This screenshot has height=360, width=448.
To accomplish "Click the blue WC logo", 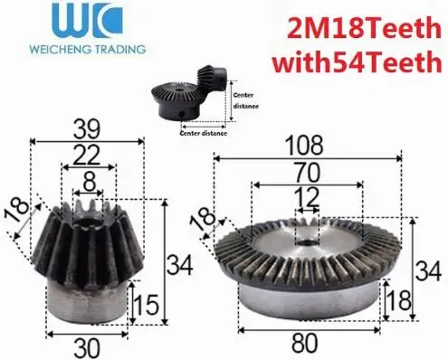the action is (x=87, y=20).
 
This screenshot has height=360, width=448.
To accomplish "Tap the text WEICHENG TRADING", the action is (x=88, y=49).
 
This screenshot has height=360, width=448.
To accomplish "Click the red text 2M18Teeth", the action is (x=365, y=28).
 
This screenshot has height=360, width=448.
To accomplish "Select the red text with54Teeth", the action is (x=357, y=62).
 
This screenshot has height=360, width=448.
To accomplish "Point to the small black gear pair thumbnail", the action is (x=189, y=93).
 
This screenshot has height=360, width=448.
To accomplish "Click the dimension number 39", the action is (x=87, y=129).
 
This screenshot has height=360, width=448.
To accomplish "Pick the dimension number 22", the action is (x=87, y=155).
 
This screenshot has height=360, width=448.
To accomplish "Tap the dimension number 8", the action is (x=90, y=182).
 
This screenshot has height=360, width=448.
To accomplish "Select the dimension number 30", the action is (x=87, y=348).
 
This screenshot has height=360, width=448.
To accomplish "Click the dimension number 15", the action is (x=146, y=305).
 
